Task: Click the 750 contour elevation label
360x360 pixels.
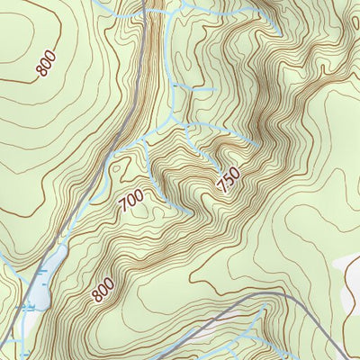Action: click(x=229, y=180)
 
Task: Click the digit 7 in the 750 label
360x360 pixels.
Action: click(x=221, y=188)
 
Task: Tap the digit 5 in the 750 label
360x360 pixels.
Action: click(x=229, y=180)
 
